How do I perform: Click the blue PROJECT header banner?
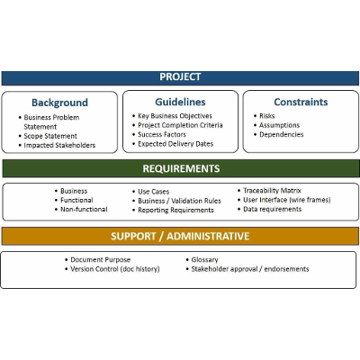tap(180, 77)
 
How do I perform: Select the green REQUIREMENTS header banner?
tap(180, 168)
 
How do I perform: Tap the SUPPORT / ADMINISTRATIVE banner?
tap(180, 237)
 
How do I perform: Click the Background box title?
tap(59, 103)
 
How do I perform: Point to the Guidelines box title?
tap(180, 103)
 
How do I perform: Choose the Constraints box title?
tap(301, 103)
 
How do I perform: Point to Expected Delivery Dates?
tap(177, 144)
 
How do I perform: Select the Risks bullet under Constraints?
tap(267, 116)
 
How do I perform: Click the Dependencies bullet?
tap(281, 135)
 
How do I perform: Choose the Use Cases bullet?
tap(155, 191)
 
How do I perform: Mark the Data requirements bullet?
tap(274, 209)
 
